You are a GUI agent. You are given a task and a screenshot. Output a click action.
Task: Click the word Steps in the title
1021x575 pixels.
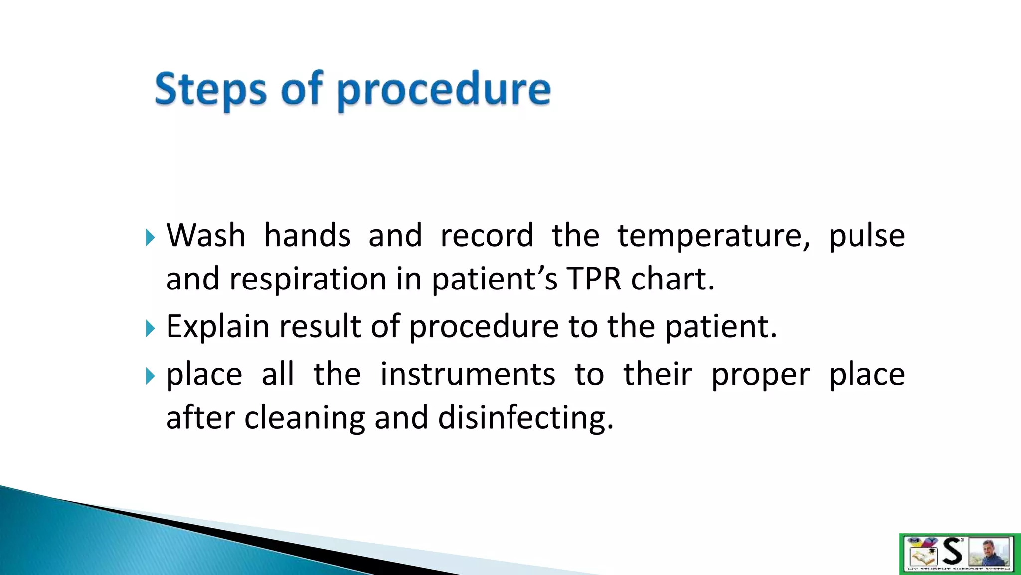[210, 90]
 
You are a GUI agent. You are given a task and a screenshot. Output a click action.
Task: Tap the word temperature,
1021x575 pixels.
[713, 236]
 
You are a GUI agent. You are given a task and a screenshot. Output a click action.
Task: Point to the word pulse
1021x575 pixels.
[866, 236]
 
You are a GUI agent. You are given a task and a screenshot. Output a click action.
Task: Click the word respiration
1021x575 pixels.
[308, 279]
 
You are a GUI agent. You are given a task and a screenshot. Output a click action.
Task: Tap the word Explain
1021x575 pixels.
[217, 327]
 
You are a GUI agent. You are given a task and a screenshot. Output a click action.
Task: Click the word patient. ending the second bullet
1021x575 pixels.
[721, 326]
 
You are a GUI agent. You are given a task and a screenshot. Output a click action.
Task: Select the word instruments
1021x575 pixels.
[467, 374]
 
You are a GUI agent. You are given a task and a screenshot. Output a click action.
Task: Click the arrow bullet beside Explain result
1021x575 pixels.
[150, 328]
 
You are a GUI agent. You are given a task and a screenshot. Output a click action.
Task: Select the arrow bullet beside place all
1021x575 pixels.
[150, 376]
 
